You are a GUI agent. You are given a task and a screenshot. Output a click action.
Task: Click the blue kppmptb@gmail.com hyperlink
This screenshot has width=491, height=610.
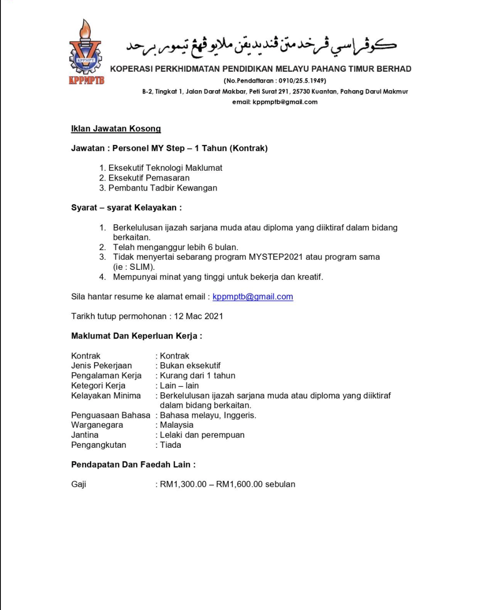tap(252, 296)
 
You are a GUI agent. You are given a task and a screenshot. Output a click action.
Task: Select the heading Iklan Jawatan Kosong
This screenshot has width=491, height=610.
tap(116, 129)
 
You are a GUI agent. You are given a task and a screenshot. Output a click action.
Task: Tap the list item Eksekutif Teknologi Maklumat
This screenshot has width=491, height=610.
tap(165, 168)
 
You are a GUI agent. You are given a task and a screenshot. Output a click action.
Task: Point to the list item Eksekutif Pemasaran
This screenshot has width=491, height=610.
tap(149, 178)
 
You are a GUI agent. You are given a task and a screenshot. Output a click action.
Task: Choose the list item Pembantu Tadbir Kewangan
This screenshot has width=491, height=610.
tap(162, 188)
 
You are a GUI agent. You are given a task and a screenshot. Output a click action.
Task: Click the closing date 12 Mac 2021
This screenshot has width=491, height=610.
tap(198, 316)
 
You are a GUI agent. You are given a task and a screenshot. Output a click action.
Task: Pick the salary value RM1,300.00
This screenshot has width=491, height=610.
tap(183, 484)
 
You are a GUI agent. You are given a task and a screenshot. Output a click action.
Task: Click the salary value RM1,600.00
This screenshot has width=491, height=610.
tap(239, 484)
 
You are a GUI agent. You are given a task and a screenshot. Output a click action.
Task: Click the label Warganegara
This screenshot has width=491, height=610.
tap(97, 425)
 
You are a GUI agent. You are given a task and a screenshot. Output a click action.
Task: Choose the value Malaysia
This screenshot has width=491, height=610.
tap(177, 425)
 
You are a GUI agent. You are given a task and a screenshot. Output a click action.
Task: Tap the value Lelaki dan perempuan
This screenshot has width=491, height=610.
tap(202, 435)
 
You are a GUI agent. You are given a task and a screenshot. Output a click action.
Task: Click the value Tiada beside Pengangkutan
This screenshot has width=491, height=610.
tap(171, 445)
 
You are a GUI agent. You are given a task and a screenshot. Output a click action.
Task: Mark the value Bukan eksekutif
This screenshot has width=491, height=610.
tap(190, 365)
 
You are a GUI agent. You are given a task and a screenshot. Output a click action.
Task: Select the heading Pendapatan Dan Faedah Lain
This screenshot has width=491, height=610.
tap(133, 465)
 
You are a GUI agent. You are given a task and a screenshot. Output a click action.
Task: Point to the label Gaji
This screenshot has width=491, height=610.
tap(79, 484)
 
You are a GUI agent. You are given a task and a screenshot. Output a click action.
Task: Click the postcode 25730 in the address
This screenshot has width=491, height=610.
tap(301, 91)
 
